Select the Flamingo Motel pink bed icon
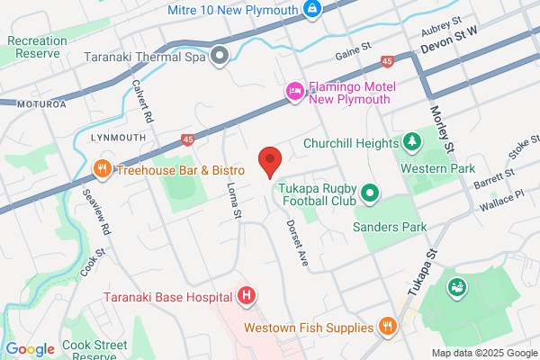tap(293, 91)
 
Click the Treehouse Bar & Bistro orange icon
tap(103, 168)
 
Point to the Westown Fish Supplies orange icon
tap(388, 327)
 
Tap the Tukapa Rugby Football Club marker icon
tap(369, 192)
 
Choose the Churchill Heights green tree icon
tap(411, 142)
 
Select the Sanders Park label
tap(390, 228)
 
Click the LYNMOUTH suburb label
tap(117, 138)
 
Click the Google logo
tap(30, 349)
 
